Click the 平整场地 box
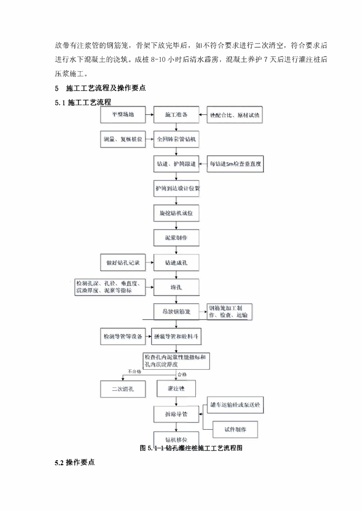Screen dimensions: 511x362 (x=122, y=115)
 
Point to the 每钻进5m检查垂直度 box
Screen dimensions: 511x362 (x=235, y=164)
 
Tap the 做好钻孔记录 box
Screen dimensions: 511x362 (x=122, y=261)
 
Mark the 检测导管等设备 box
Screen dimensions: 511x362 (x=122, y=337)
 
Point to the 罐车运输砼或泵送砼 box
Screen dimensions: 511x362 (x=235, y=405)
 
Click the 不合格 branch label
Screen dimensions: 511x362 (x=134, y=372)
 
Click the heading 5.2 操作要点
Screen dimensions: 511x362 (x=74, y=462)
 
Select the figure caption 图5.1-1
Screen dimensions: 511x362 (x=192, y=448)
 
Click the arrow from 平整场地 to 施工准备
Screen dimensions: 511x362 (x=149, y=115)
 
